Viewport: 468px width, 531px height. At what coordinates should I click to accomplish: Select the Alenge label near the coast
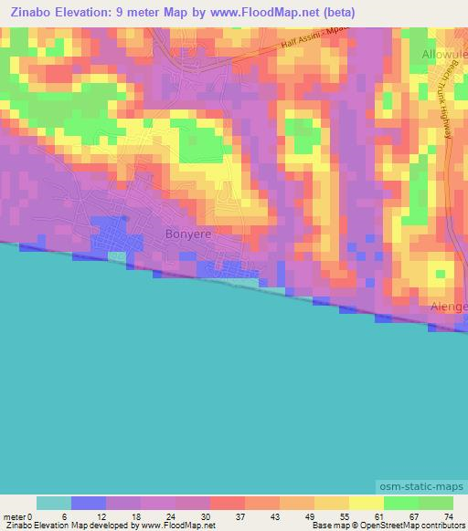pos(449,307)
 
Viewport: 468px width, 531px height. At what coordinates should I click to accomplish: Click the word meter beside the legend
pos(14,516)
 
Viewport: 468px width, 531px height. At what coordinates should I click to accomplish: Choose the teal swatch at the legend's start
pos(54,503)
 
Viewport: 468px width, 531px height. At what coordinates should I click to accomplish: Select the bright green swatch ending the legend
pos(435,503)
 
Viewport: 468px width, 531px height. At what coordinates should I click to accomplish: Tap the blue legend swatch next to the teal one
pos(89,503)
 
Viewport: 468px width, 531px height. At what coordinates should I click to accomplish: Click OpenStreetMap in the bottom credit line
pos(376,526)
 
